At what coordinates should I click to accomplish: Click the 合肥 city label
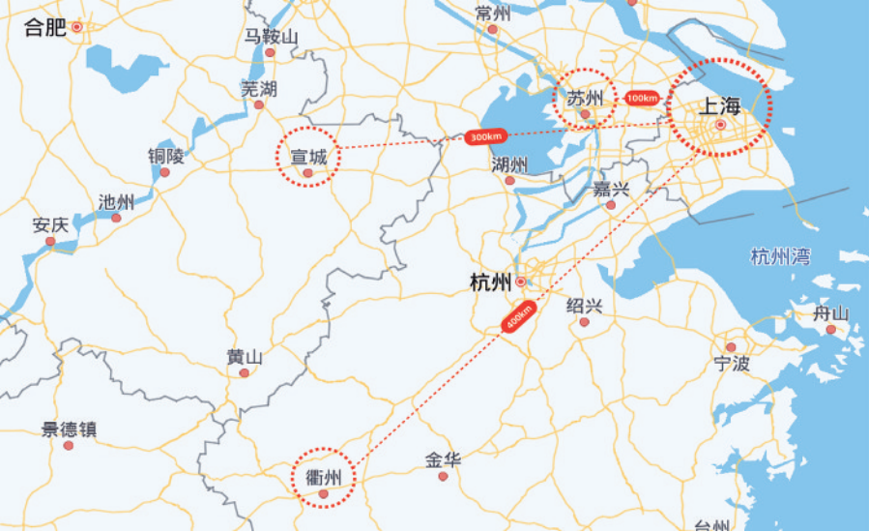(x=44, y=27)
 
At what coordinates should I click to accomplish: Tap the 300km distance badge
(x=482, y=137)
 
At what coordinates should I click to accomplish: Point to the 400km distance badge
(x=518, y=316)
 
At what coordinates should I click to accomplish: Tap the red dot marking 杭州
(x=521, y=282)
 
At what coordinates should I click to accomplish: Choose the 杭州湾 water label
(x=780, y=257)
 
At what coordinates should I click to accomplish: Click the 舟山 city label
(x=830, y=313)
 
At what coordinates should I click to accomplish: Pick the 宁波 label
(x=732, y=364)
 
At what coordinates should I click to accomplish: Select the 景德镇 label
(x=69, y=429)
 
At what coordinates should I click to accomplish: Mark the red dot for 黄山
(x=245, y=372)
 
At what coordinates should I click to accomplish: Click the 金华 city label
(x=443, y=460)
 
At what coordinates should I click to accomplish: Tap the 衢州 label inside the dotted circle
(x=323, y=476)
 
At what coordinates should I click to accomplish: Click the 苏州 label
(x=584, y=98)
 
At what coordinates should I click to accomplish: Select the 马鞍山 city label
(x=271, y=37)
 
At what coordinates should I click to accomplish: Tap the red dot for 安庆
(x=50, y=241)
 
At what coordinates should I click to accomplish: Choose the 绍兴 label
(x=584, y=306)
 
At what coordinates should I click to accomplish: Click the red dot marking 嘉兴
(x=611, y=205)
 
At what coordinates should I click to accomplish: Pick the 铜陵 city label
(x=165, y=156)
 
